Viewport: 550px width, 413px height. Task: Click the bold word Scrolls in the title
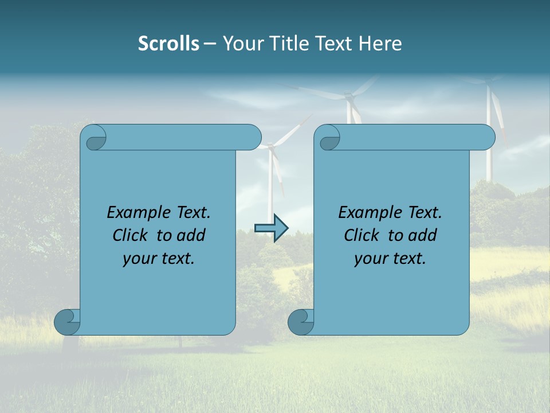click(x=168, y=44)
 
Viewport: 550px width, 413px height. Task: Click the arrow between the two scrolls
click(x=271, y=228)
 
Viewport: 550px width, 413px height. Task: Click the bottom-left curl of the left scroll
click(x=67, y=322)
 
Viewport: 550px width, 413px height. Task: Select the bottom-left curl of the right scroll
click(x=301, y=322)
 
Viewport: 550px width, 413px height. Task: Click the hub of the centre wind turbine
click(x=348, y=99)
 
